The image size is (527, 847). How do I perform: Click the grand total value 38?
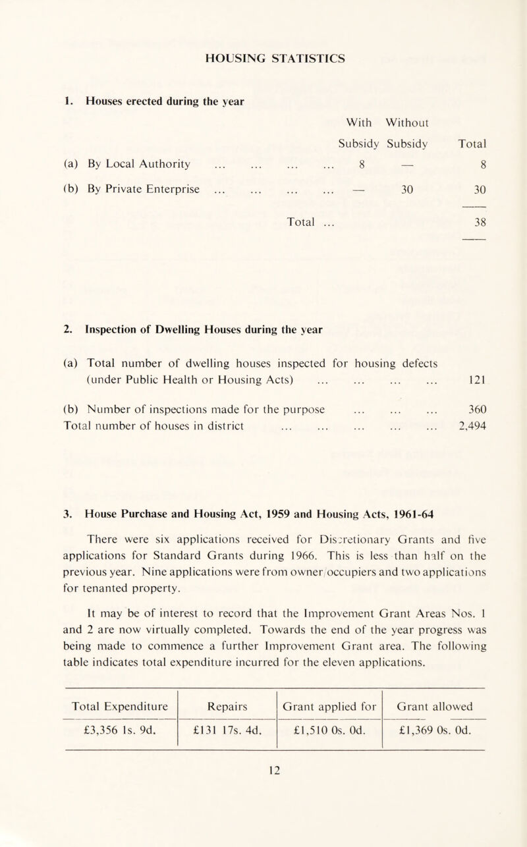pos(478,240)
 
